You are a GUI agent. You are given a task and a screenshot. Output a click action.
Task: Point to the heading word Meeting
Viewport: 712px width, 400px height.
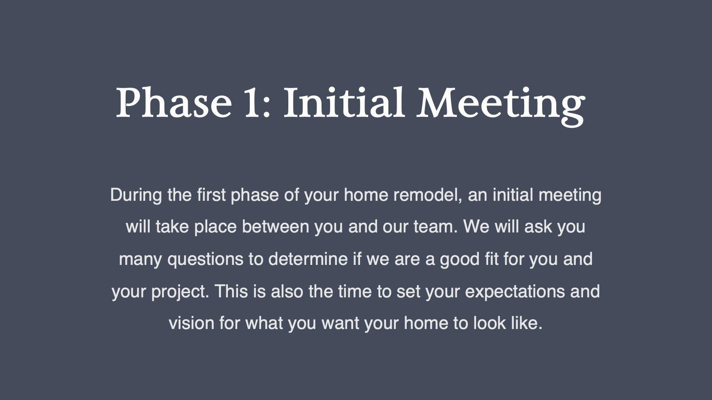(501, 106)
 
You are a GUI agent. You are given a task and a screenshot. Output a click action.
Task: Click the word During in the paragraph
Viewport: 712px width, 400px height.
(136, 195)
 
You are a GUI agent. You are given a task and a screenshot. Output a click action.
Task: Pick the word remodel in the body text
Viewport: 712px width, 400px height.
(427, 195)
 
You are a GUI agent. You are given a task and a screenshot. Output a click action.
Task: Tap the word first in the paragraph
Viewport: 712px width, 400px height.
(211, 195)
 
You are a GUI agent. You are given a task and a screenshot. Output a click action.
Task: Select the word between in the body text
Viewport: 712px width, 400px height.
(276, 226)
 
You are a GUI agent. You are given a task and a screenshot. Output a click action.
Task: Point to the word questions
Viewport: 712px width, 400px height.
(206, 259)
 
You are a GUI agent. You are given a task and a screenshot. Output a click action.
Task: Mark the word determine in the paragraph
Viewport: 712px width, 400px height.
(308, 259)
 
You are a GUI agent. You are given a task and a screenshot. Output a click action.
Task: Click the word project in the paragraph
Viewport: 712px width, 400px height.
(180, 292)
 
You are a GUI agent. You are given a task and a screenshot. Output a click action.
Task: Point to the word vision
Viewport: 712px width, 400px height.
(191, 323)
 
